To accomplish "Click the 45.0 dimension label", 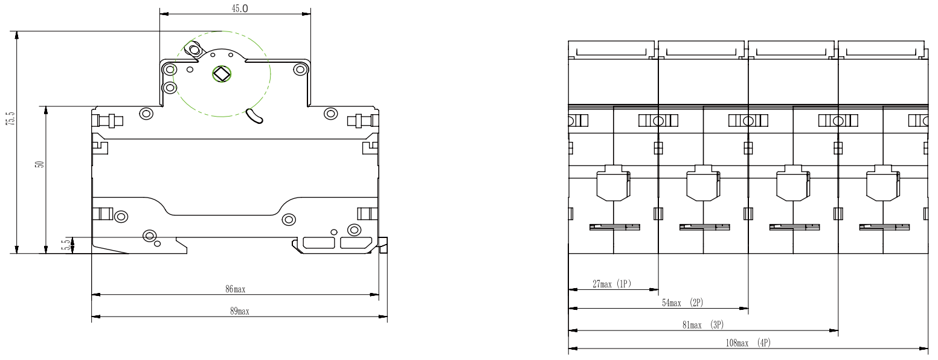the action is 240,8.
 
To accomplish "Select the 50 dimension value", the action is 40,164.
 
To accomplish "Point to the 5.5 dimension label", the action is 66,245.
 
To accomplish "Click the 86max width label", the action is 236,289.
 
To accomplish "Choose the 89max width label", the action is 240,311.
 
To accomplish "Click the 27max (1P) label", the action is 612,284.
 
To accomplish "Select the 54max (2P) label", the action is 683,303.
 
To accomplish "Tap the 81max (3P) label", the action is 703,325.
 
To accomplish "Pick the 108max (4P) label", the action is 748,343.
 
